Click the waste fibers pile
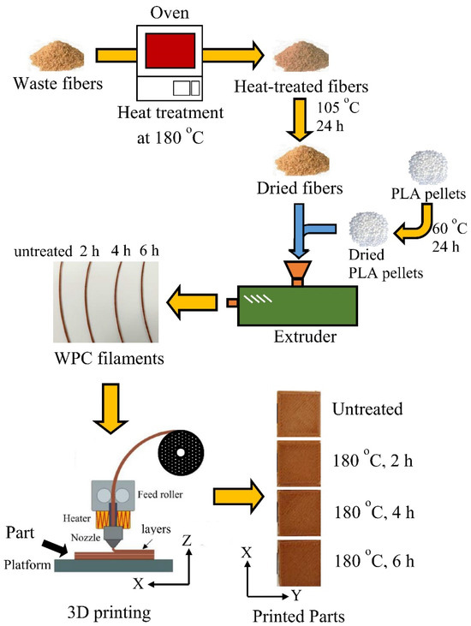pos(49,58)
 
